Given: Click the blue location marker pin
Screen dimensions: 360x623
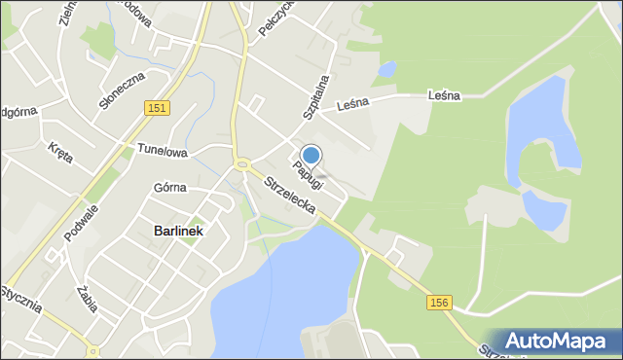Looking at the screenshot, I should (x=311, y=155).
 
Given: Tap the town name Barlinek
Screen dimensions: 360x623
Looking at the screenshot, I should (x=178, y=231).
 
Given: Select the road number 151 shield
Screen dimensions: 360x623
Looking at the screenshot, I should (x=158, y=109).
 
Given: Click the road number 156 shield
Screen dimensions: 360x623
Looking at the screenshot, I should (x=438, y=304).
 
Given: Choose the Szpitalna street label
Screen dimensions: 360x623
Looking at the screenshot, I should (x=314, y=95).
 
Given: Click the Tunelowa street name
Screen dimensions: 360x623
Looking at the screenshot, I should (x=162, y=151).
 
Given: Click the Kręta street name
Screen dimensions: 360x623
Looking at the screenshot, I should (x=59, y=152).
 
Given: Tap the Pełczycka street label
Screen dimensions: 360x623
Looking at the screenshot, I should (x=275, y=18).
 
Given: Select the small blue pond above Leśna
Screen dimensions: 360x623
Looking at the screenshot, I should (x=386, y=69).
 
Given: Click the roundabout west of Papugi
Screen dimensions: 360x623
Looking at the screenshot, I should (x=240, y=163).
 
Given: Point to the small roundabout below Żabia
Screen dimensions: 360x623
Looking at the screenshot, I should (x=92, y=351).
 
